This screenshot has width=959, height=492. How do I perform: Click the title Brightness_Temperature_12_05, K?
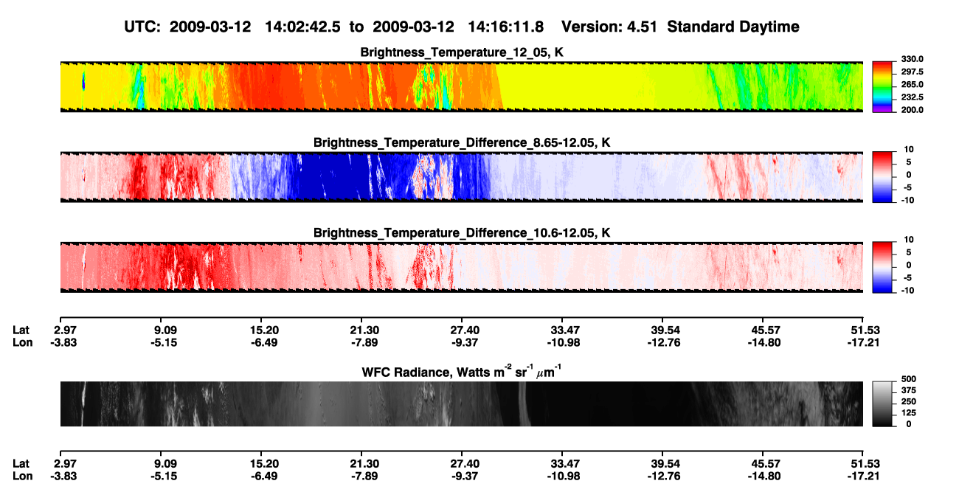[x=462, y=52]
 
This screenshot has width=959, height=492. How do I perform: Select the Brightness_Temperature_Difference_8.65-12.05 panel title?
[x=462, y=142]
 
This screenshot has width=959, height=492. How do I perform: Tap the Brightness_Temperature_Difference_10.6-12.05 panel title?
[x=462, y=233]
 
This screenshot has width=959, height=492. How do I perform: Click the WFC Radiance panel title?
[x=462, y=371]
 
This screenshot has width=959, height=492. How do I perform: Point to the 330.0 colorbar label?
[x=912, y=59]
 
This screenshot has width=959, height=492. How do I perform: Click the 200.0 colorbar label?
[x=912, y=110]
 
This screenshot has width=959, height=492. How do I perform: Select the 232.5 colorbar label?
[x=912, y=97]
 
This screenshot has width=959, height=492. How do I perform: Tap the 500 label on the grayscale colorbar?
[x=909, y=379]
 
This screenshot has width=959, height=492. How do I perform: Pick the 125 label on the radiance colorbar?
[x=909, y=413]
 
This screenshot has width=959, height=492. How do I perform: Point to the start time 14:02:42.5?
[x=302, y=27]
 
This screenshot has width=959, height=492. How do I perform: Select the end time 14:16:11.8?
[x=505, y=27]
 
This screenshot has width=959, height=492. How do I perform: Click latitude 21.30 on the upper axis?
[x=364, y=330]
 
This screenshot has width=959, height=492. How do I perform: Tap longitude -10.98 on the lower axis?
[x=564, y=476]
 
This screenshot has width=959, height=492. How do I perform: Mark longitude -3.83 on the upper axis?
[x=63, y=342]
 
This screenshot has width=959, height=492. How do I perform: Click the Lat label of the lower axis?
[x=21, y=464]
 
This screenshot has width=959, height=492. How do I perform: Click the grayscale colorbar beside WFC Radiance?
[x=882, y=403]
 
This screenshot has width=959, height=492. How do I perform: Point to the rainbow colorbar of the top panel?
[x=882, y=87]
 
